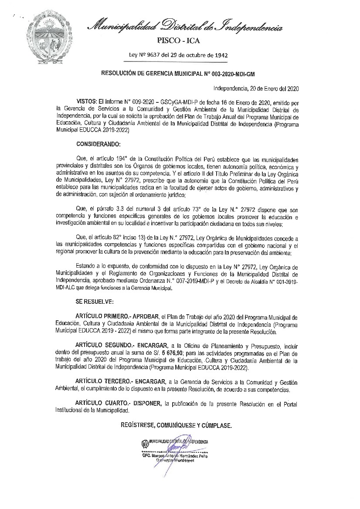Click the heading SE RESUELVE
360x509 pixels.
(95, 302)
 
